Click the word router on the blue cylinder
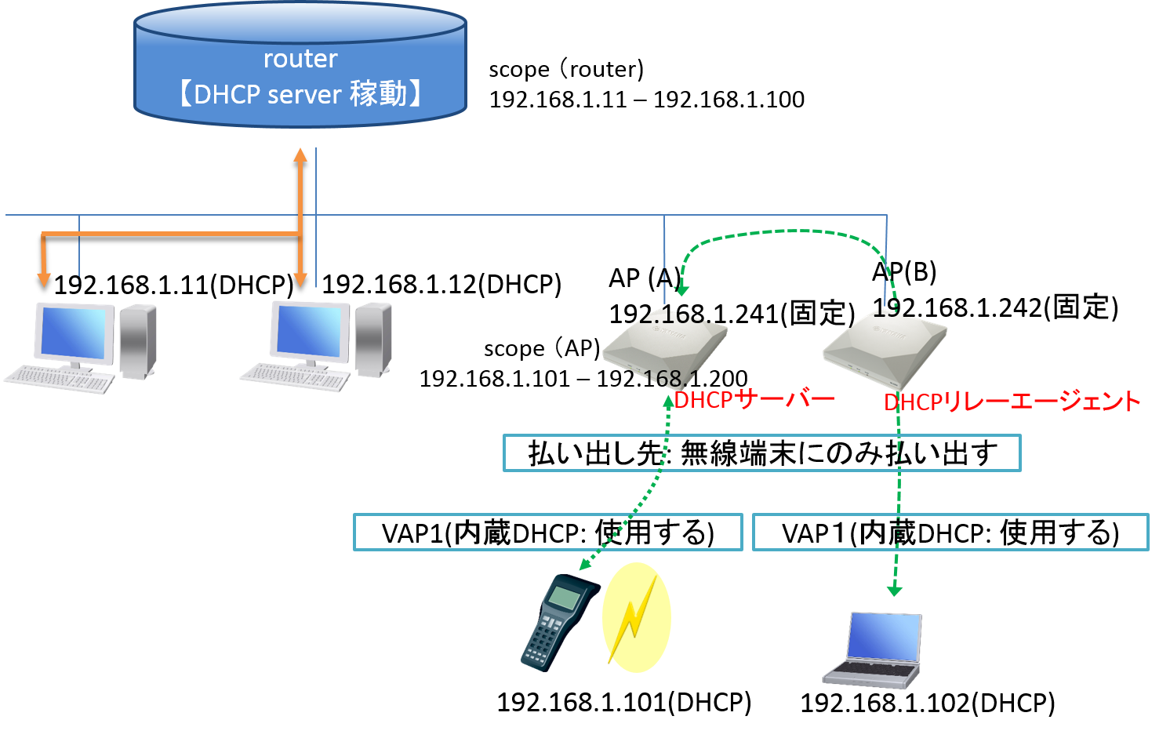300,59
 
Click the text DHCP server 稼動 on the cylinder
300,94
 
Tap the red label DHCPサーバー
754,399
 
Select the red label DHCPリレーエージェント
1012,402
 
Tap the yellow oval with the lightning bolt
636,617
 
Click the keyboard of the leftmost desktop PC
60,380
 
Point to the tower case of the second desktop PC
373,339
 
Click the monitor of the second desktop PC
310,331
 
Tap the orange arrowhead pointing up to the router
300,154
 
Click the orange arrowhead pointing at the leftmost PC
44,279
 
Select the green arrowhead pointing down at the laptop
894,590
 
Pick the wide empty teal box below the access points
761,453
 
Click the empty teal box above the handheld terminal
547,532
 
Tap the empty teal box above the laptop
950,532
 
